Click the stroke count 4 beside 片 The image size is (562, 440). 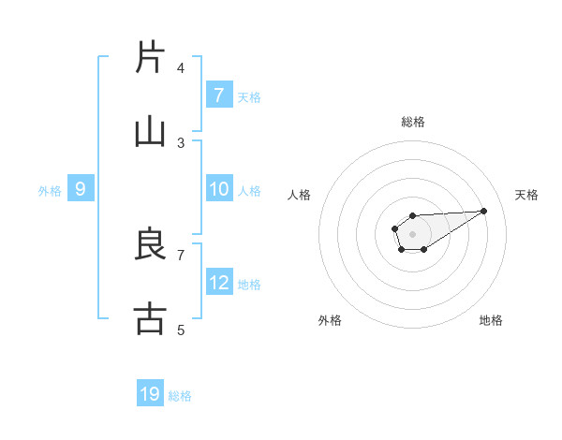181,67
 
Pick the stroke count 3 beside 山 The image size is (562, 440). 181,142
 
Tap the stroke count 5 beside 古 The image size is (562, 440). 181,330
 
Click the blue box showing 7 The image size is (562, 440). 219,95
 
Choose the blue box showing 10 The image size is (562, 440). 219,189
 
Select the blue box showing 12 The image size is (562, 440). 219,282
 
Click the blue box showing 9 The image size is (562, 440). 81,189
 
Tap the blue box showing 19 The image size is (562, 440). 150,394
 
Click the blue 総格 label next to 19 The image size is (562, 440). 180,396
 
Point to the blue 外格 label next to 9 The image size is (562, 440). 50,191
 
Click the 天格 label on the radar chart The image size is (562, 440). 526,195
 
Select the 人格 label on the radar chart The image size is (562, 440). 299,195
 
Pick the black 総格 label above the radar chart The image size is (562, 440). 413,122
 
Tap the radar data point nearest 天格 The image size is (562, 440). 484,211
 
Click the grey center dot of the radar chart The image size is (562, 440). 412,232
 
